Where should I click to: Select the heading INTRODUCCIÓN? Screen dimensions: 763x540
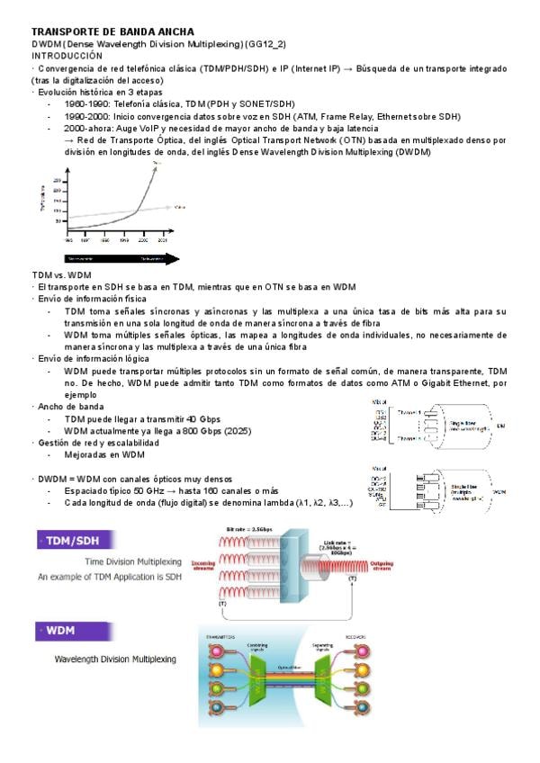click(x=67, y=55)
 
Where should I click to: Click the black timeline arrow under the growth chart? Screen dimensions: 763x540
click(x=122, y=258)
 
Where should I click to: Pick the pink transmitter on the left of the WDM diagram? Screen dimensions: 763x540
click(x=214, y=651)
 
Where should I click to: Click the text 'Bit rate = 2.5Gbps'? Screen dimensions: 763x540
click(x=250, y=529)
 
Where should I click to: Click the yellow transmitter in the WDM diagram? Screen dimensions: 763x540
click(x=214, y=669)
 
